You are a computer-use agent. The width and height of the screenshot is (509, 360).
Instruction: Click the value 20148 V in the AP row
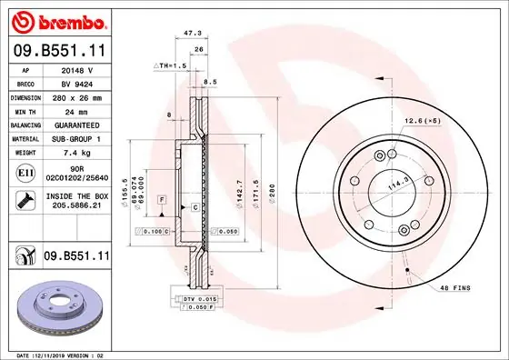(x=78, y=68)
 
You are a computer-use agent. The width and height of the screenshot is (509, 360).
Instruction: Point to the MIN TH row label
(x=24, y=110)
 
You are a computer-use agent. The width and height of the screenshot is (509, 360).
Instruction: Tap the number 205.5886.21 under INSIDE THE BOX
(x=76, y=206)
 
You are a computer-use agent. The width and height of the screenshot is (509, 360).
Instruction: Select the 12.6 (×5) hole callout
(x=422, y=121)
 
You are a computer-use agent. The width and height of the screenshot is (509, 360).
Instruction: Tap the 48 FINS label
(x=454, y=288)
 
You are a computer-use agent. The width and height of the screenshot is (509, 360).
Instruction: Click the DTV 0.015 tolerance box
(x=194, y=299)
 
